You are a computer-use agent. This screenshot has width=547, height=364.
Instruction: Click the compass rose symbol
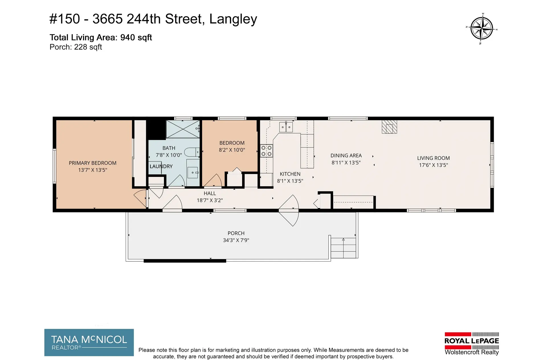pos(481,28)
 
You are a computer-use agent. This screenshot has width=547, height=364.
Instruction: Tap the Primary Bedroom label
pos(93,163)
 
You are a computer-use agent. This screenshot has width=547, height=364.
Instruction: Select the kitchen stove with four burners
pos(267,151)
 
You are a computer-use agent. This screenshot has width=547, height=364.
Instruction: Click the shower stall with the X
pos(183,129)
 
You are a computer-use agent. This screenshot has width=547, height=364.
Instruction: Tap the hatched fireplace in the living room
pos(389,127)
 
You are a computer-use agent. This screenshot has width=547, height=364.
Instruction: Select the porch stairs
pos(343,248)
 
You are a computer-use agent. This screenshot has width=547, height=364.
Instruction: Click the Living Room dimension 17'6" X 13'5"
pos(433,165)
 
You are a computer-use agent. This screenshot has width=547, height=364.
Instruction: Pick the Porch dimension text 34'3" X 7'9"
pos(236,240)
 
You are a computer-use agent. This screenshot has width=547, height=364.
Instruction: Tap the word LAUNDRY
pos(161,166)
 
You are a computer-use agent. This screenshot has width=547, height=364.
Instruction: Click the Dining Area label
pos(346,156)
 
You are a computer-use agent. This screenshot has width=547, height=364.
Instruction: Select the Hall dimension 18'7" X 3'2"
pos(210,200)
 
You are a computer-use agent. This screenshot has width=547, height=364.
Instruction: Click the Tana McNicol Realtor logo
pos(89,342)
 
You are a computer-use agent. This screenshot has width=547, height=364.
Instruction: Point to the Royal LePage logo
pos(472,343)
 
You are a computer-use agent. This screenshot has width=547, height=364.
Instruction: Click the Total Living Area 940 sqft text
pos(101,38)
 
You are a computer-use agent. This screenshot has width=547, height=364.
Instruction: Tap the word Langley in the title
pos(233,19)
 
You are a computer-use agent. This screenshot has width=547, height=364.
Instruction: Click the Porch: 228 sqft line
pos(75,47)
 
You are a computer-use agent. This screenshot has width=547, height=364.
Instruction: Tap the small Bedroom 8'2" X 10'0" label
pos(232,147)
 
